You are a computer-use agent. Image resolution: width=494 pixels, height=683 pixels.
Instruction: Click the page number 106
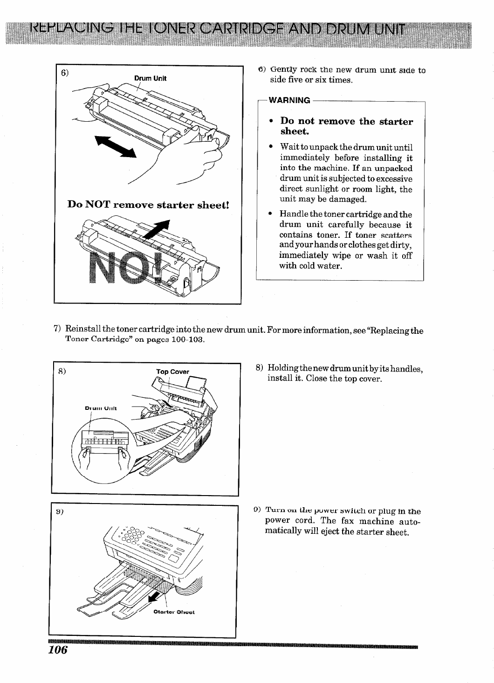pos(58,650)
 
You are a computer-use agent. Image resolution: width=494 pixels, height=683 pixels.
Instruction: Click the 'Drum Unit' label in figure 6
pos(151,78)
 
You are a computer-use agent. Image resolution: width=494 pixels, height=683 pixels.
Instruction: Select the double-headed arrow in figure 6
pos(114,145)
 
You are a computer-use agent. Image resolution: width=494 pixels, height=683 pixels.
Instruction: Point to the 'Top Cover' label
pos(172,372)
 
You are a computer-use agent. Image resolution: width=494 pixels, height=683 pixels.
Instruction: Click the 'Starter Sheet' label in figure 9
pos(173,612)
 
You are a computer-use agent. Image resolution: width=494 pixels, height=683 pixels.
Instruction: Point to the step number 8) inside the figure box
pos(62,372)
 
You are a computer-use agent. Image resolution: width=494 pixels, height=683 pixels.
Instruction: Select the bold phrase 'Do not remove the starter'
pos(346,121)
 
